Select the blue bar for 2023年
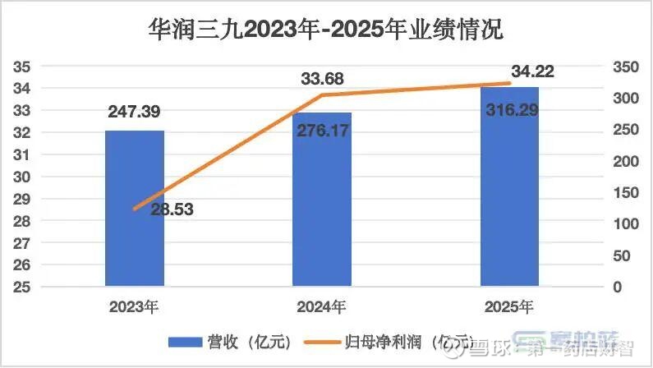point(135,209)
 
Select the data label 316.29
point(510,110)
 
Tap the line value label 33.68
point(322,79)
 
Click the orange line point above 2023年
point(135,209)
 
